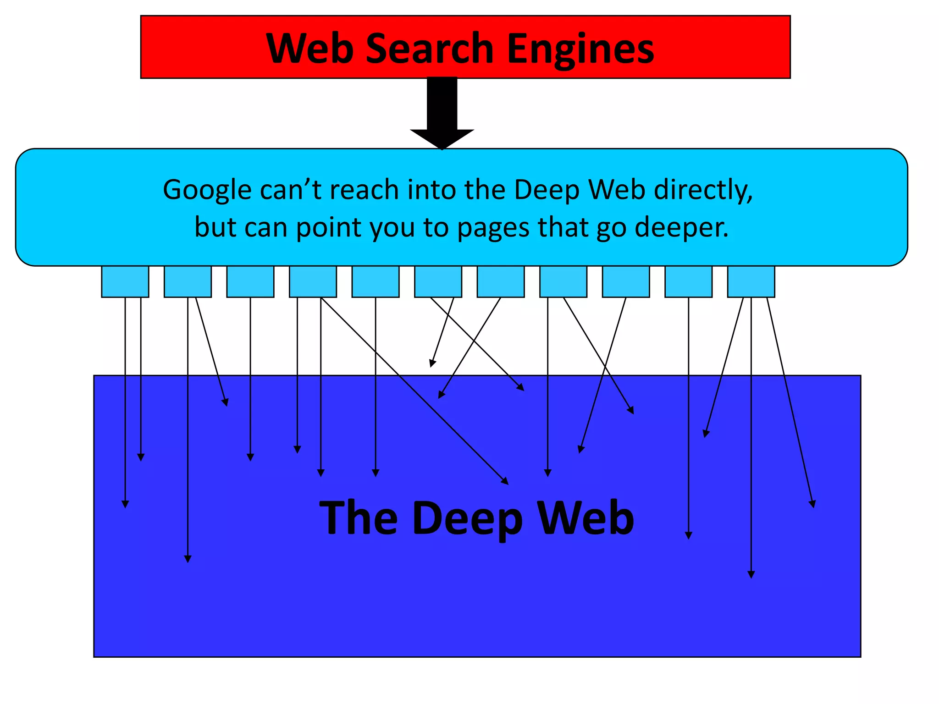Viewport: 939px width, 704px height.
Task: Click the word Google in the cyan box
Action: click(x=207, y=190)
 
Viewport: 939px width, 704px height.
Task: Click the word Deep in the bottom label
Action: click(x=467, y=518)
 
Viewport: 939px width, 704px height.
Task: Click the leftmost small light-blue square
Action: click(x=125, y=281)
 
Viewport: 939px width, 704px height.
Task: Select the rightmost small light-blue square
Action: click(x=751, y=281)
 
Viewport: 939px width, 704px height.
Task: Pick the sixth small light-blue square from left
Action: click(x=438, y=281)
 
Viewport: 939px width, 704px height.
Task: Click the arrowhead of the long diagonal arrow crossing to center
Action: click(x=505, y=481)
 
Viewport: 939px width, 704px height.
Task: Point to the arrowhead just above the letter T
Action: click(x=321, y=473)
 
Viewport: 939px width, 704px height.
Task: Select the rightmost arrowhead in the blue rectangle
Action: click(x=812, y=504)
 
